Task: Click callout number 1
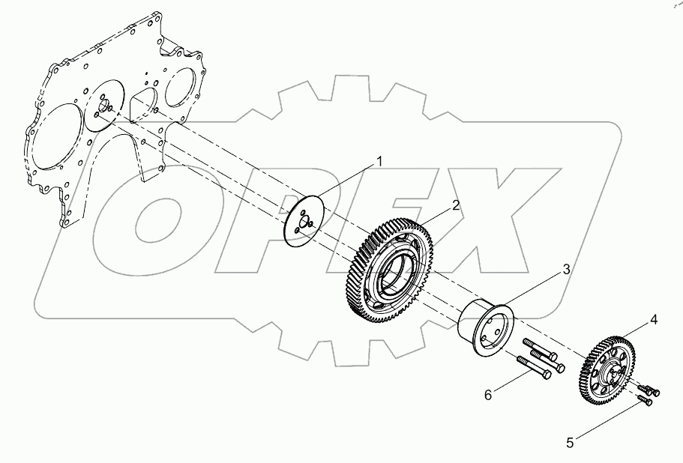pyautogui.click(x=379, y=161)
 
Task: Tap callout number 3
pyautogui.click(x=567, y=269)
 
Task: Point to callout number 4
pyautogui.click(x=654, y=320)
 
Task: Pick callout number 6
pyautogui.click(x=487, y=394)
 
